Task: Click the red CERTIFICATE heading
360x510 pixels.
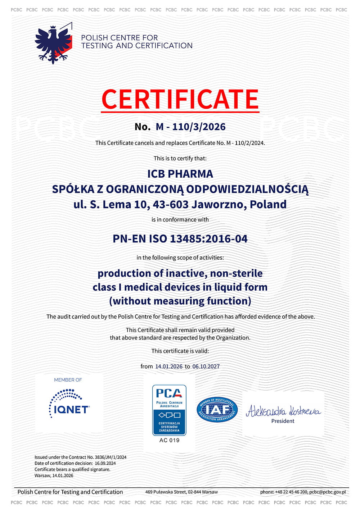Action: click(x=180, y=99)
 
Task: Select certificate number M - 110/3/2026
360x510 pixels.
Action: click(x=190, y=127)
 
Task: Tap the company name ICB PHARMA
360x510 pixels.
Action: click(x=180, y=174)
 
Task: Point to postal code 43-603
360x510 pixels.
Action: click(x=171, y=204)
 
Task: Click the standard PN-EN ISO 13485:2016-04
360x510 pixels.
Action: click(x=180, y=239)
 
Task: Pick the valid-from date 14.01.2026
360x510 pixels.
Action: click(x=169, y=366)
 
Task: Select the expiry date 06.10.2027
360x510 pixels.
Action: click(x=206, y=366)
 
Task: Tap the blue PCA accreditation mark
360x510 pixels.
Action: click(x=169, y=410)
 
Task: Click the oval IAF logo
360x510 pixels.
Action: click(x=217, y=410)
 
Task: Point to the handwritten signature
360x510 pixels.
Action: click(x=283, y=411)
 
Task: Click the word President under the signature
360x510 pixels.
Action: click(x=283, y=421)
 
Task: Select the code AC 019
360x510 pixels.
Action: click(x=169, y=440)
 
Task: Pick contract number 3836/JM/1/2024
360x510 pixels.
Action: click(x=111, y=457)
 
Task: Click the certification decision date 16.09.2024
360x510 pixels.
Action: click(x=105, y=464)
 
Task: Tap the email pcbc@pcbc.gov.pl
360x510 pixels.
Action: click(x=327, y=492)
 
